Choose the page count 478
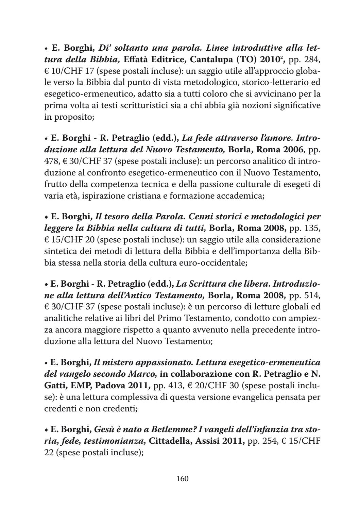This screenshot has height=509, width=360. (x=51, y=161)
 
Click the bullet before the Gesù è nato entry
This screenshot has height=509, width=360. (x=46, y=430)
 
